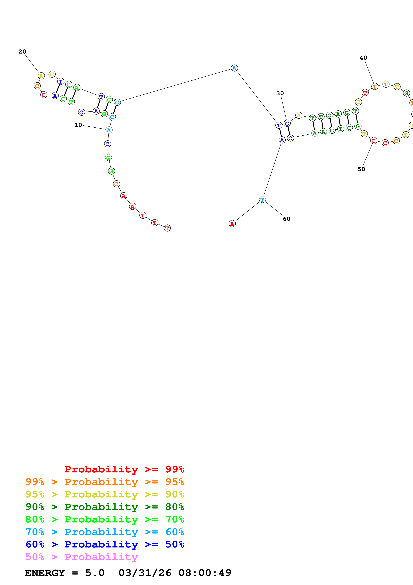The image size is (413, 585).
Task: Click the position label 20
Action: pos(22,52)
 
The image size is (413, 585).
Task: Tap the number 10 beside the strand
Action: pos(78,125)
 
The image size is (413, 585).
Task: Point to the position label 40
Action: pos(363,58)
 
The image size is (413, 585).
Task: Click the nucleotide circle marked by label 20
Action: pos(41,76)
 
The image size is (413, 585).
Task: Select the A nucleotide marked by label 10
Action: pos(109,130)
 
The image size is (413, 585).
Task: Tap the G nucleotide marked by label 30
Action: pos(287,124)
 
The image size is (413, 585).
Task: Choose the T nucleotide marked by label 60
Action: pos(262,199)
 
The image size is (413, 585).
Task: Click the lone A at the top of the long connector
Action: pos(234,68)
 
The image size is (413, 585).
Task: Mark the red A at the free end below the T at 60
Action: pos(232,224)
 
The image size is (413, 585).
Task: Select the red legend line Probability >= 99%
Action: pos(124,469)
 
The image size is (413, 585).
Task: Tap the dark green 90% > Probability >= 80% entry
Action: pos(105,507)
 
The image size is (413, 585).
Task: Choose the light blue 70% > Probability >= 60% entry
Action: pos(105,532)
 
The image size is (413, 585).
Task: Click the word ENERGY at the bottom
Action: pos(45,573)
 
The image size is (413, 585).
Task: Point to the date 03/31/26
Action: pos(145,573)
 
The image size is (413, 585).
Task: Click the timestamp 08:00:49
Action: pos(205,573)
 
